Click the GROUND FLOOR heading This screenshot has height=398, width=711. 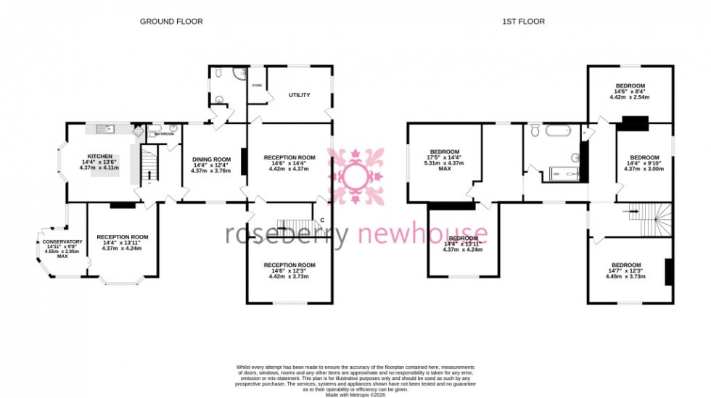coord(171,22)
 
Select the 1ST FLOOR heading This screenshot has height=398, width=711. coord(523,22)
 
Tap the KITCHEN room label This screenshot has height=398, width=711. coord(99,157)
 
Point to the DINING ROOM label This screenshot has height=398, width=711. coord(211,159)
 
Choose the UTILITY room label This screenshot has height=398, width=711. coord(299,95)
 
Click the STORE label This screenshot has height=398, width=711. coord(256,86)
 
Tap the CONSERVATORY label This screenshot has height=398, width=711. coord(62,241)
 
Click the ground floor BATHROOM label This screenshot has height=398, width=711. coord(165,133)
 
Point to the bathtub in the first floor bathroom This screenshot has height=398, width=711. coord(558,132)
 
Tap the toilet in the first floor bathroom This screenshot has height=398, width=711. coord(535,130)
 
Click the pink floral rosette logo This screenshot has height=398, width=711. coord(355,176)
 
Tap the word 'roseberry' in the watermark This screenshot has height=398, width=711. coord(287,234)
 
